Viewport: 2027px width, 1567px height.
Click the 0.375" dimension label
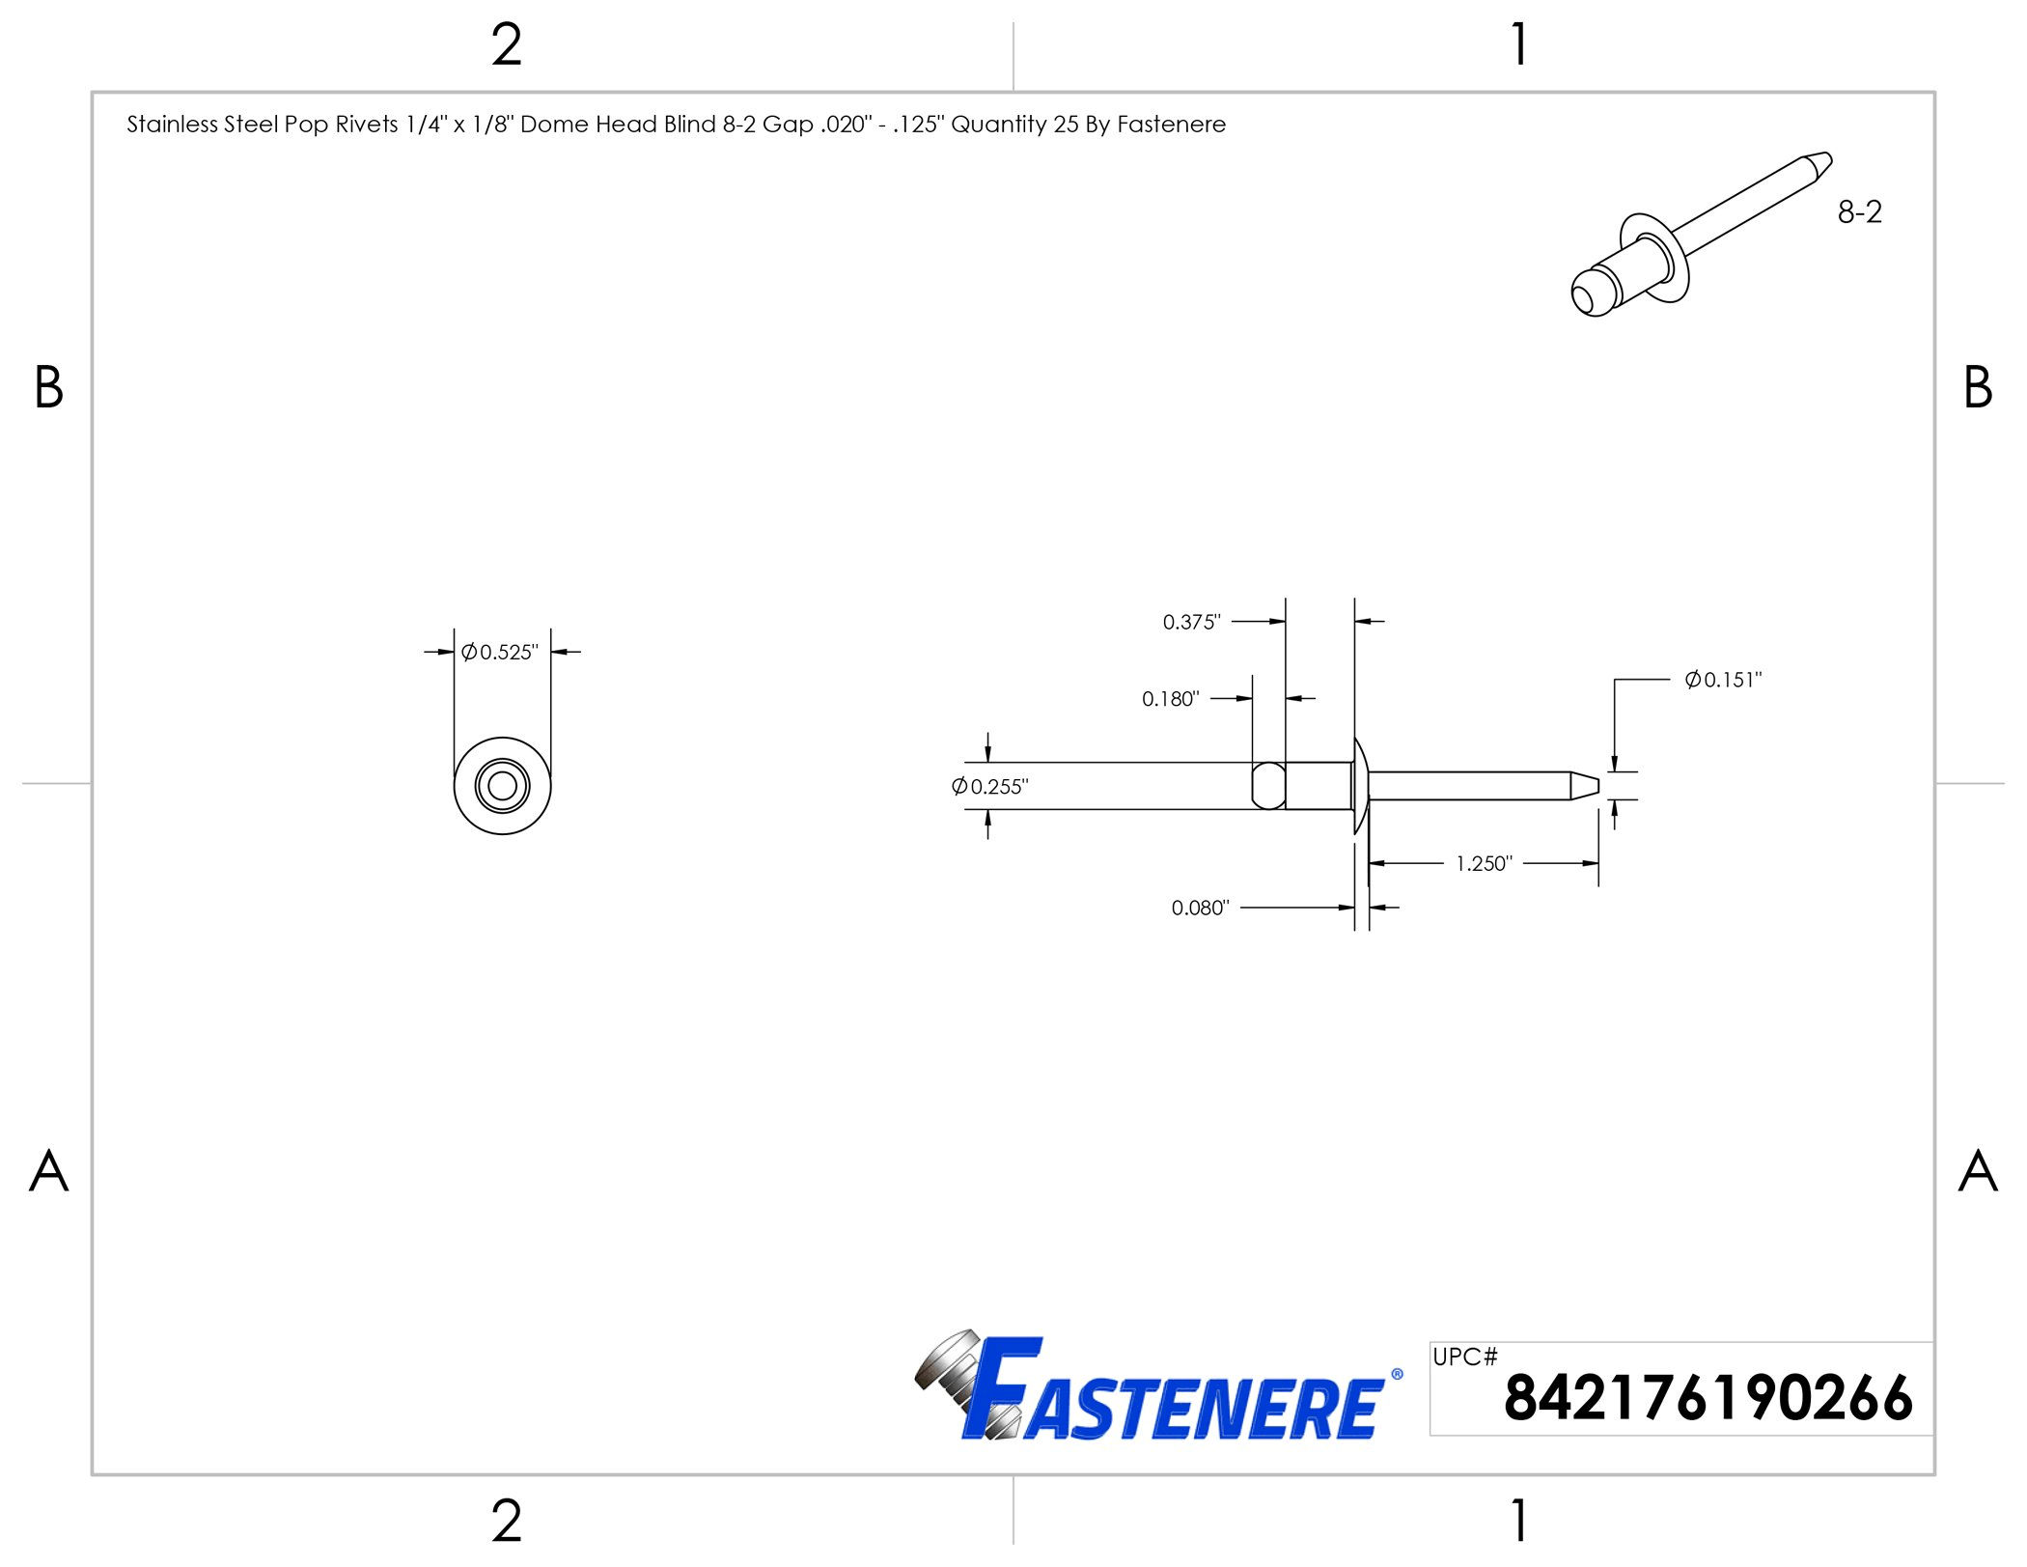(x=1191, y=622)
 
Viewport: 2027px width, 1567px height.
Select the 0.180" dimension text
(x=1170, y=699)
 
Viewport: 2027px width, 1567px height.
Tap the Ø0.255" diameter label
(x=990, y=787)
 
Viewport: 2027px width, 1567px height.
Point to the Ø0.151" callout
(x=1723, y=680)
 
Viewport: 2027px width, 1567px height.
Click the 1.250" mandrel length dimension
(x=1484, y=863)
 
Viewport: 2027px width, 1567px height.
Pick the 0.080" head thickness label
(x=1200, y=908)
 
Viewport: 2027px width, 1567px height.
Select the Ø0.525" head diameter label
(x=500, y=653)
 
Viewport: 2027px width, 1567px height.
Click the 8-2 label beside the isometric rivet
(x=1859, y=212)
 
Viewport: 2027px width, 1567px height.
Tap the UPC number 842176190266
(x=1708, y=1398)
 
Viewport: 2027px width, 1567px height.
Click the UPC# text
(x=1464, y=1357)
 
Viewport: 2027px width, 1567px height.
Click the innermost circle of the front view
(x=502, y=786)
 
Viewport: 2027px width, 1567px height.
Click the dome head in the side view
(x=1361, y=786)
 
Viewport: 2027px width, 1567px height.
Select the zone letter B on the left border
(x=48, y=388)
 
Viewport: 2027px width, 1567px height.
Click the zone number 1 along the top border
(x=1519, y=45)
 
